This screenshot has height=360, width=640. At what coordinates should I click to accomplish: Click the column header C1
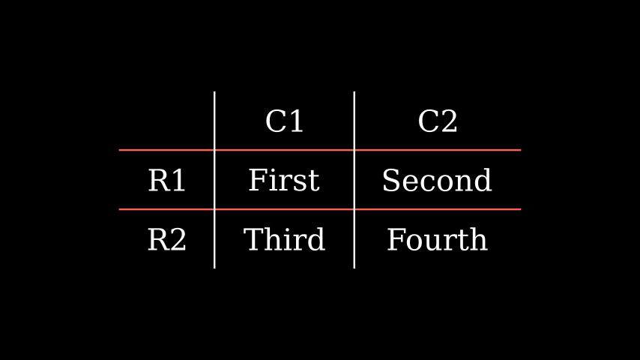click(284, 121)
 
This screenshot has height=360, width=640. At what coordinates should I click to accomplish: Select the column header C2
click(437, 121)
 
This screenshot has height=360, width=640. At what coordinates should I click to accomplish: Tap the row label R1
click(166, 181)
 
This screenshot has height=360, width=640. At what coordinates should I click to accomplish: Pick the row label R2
click(166, 240)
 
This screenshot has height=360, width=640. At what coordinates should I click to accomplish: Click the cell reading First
click(284, 181)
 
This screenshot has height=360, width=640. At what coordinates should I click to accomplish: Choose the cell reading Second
click(437, 181)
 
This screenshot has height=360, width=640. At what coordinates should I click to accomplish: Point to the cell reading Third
click(284, 240)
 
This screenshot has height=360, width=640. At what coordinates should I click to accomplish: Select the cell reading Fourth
click(437, 240)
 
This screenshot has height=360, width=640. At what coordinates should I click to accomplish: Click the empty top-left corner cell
click(166, 121)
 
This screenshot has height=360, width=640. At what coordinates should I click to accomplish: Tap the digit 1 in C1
click(295, 121)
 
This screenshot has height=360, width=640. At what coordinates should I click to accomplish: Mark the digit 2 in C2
click(448, 121)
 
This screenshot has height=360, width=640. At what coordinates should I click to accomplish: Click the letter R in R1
click(157, 181)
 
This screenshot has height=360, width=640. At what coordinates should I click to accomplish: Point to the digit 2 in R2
click(178, 240)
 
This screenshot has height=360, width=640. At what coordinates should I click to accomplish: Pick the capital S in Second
click(390, 181)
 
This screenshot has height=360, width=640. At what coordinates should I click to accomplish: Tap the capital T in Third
click(253, 240)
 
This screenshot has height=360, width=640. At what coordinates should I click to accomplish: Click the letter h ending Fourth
click(480, 240)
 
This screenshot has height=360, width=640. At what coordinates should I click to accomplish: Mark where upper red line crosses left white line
click(215, 150)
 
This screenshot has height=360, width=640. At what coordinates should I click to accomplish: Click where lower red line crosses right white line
click(354, 209)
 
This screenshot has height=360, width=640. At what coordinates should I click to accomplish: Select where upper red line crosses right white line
click(354, 150)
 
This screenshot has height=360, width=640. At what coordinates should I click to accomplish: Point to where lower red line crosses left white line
click(215, 209)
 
